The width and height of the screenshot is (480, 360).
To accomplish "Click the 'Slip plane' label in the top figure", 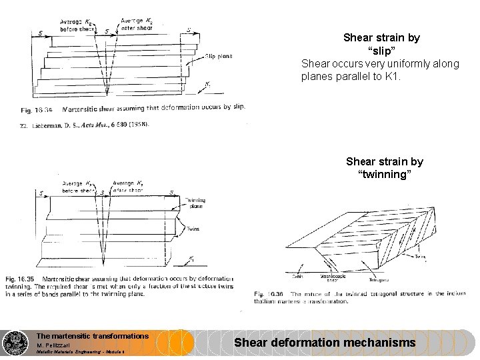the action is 219,57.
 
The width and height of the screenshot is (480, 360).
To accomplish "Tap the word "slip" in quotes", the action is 381,51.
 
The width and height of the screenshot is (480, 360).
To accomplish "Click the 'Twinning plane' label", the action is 195,203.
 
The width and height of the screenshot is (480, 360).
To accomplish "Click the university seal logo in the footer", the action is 15,343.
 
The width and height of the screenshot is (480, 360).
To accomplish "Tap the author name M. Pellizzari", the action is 58,345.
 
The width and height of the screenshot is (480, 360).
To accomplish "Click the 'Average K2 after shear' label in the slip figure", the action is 136,24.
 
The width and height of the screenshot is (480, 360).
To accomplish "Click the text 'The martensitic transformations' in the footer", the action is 92,336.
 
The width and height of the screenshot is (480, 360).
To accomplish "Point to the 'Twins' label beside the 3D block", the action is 419,256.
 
